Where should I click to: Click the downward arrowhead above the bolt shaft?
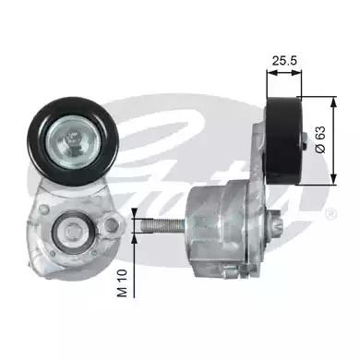click(134, 210)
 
